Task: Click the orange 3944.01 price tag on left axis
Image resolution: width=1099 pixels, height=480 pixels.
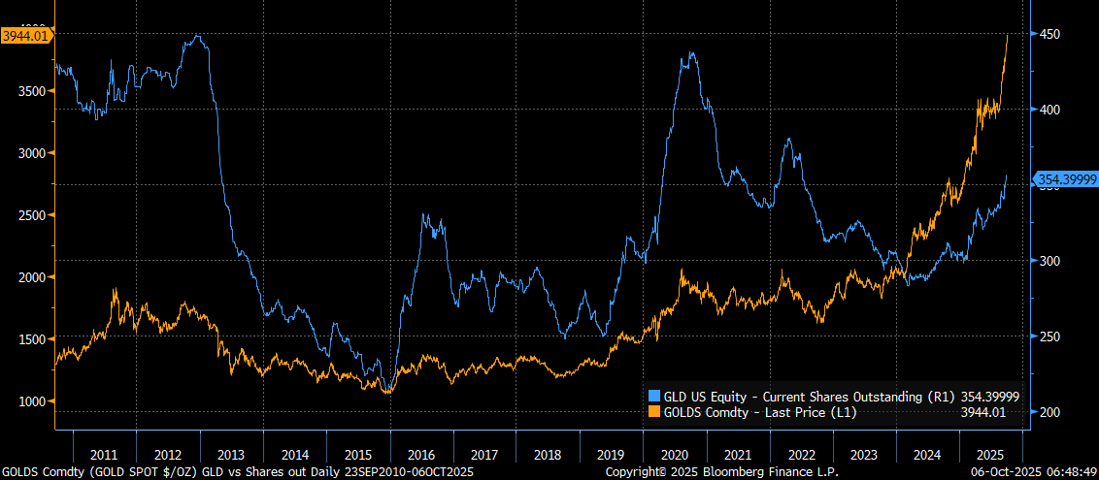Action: pos(26,36)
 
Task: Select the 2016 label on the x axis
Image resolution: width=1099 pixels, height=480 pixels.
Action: pos(421,455)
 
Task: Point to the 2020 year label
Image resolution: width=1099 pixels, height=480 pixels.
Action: pos(676,455)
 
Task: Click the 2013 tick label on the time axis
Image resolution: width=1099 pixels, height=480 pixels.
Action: pos(231,455)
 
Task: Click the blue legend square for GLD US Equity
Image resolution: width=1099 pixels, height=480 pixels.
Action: pos(653,396)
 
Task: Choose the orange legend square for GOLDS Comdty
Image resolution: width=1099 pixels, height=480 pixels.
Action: pos(653,412)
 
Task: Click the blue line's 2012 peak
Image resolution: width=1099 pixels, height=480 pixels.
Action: pos(197,36)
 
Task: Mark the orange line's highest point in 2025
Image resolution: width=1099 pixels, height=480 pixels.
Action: pos(1007,35)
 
